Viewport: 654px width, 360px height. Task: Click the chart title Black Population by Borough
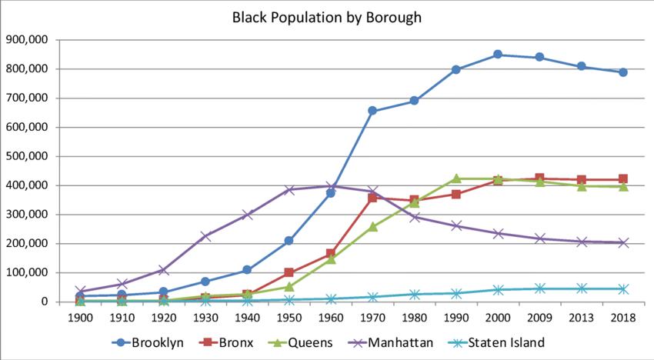click(x=327, y=17)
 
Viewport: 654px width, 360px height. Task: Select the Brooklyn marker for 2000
click(x=498, y=55)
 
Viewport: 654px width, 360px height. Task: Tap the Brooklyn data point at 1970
click(x=372, y=111)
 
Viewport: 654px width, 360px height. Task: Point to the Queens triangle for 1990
click(x=456, y=178)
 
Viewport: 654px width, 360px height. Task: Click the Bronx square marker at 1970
click(x=372, y=198)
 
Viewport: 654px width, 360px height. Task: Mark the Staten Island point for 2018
click(x=623, y=288)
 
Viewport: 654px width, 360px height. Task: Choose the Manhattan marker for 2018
click(x=623, y=242)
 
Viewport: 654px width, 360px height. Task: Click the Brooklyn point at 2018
click(x=623, y=72)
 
